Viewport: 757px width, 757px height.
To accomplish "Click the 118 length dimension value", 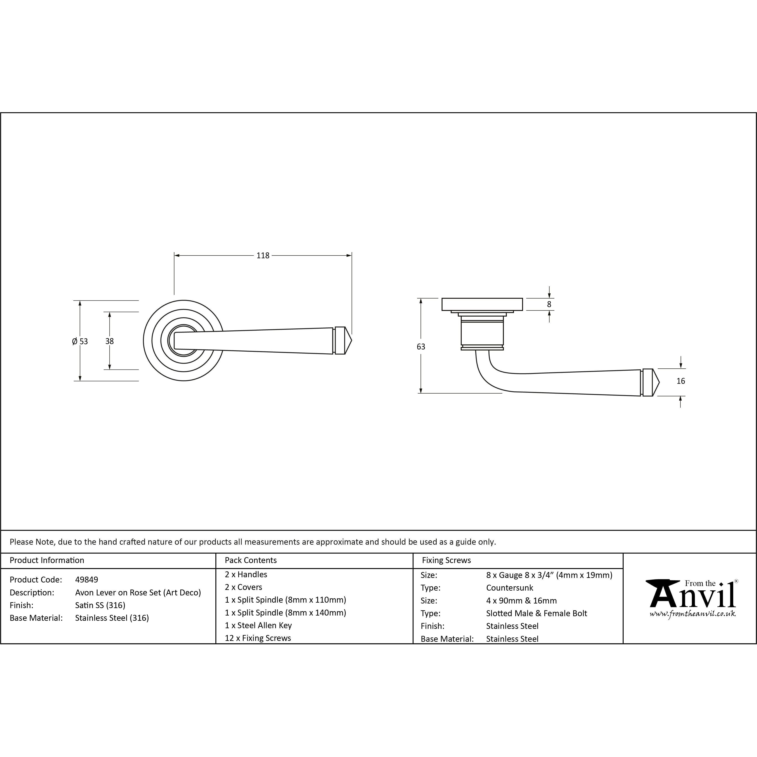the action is coord(263,255).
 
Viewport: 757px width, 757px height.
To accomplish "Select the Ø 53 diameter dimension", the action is coord(80,341).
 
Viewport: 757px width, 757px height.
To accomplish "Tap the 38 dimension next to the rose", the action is coord(109,341).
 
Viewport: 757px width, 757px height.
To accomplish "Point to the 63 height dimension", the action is coord(421,346).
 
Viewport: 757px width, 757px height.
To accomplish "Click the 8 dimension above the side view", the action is coord(549,304).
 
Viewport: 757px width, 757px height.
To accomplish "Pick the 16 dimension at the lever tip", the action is coord(681,381).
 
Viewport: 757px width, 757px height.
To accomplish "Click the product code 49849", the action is coord(87,579).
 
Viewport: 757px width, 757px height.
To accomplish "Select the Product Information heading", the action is coord(47,560).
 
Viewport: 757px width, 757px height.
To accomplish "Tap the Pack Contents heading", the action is coord(251,560).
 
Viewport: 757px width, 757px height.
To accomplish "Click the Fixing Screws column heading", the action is coord(446,560).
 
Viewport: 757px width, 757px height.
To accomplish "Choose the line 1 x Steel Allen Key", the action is coord(258,625).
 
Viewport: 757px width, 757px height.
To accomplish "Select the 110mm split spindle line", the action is coord(286,600).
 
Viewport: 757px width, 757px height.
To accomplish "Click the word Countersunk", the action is coord(510,588).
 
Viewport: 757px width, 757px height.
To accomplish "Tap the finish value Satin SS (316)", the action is coord(100,605).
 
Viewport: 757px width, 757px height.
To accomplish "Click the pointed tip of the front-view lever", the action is coord(351,340).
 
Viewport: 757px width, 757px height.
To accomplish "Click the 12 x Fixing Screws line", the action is coord(258,638).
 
